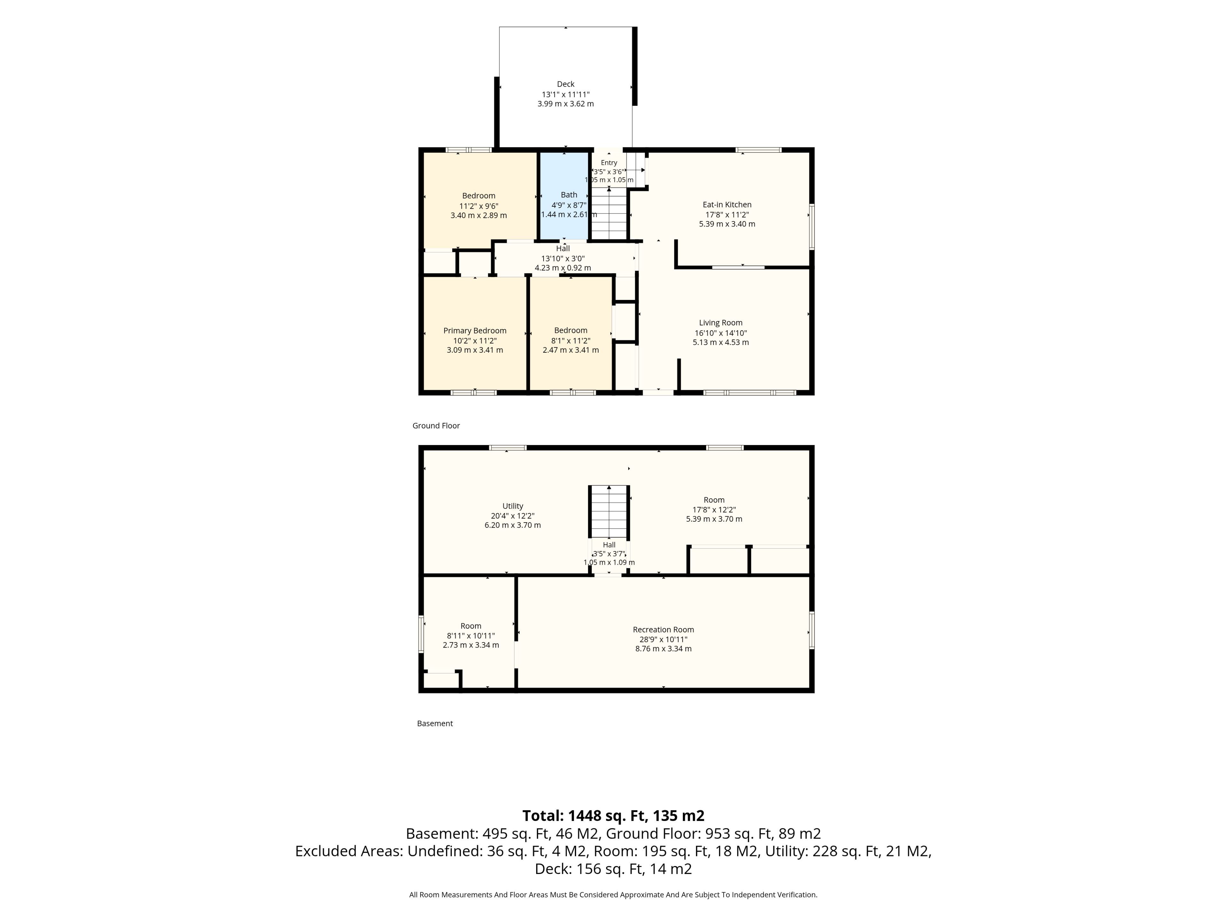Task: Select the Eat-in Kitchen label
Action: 727,205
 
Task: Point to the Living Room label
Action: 721,323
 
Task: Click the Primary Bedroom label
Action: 475,331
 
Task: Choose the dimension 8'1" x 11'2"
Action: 570,341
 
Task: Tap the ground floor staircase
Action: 609,213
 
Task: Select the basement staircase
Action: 609,511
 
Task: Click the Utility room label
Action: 513,506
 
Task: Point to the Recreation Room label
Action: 663,629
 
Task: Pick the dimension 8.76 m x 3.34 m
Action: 663,648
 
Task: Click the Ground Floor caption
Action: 436,426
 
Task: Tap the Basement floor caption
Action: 435,723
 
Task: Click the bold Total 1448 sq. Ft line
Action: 613,816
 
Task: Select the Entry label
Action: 609,163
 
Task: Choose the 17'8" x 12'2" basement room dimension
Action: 714,510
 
